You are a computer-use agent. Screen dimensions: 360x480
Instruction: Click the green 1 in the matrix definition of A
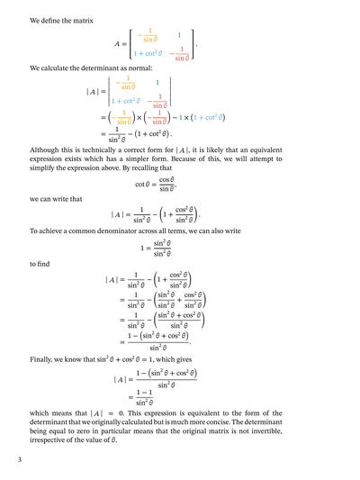click(x=179, y=34)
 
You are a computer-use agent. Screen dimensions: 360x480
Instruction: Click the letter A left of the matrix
click(x=118, y=44)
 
